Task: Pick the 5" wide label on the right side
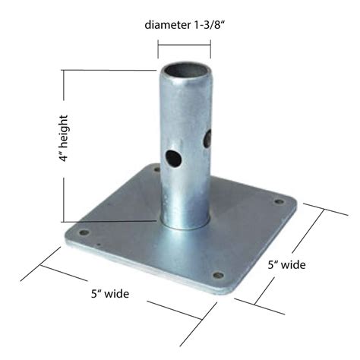pos(286,265)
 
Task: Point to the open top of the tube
pos(184,71)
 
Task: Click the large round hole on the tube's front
pos(172,159)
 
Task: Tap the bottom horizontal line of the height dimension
pos(106,221)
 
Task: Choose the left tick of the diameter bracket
pos(158,49)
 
